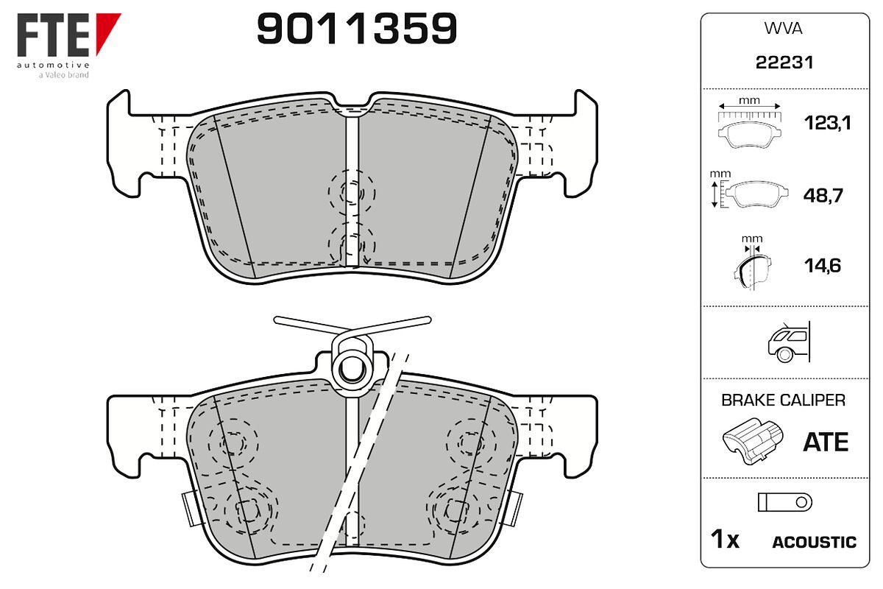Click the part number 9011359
click(x=357, y=28)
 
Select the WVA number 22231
click(x=784, y=63)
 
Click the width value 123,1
click(x=827, y=123)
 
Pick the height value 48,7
click(x=823, y=195)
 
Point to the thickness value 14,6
click(x=823, y=266)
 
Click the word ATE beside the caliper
click(x=826, y=442)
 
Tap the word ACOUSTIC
click(x=815, y=542)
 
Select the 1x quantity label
click(x=725, y=539)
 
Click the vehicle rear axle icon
click(x=788, y=342)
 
